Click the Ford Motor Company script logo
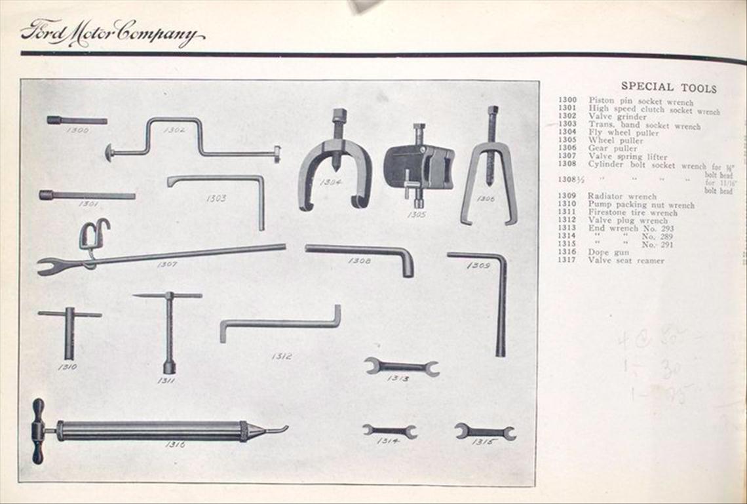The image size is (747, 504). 111,33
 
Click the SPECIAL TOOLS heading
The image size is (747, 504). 668,87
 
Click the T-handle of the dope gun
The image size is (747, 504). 38,431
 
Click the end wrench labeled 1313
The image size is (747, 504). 401,367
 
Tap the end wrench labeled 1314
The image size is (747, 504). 390,431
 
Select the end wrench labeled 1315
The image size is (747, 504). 485,431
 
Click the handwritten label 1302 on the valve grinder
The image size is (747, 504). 175,130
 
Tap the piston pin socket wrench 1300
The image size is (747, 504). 77,120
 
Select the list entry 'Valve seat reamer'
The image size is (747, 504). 626,260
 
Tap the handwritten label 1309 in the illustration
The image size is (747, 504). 478,265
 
